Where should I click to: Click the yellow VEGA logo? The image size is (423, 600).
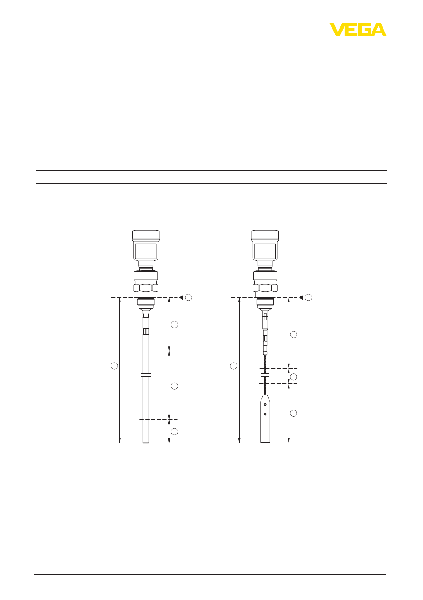(358, 30)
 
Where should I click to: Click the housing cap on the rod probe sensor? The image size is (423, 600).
(146, 235)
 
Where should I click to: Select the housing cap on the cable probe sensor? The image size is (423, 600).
(265, 235)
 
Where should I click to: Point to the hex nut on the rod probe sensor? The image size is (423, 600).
(146, 288)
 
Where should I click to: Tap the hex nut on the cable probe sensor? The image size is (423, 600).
(265, 288)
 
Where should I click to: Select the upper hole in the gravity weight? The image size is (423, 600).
(265, 404)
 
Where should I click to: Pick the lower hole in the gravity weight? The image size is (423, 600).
(265, 414)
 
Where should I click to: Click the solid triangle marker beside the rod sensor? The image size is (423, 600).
(181, 298)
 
